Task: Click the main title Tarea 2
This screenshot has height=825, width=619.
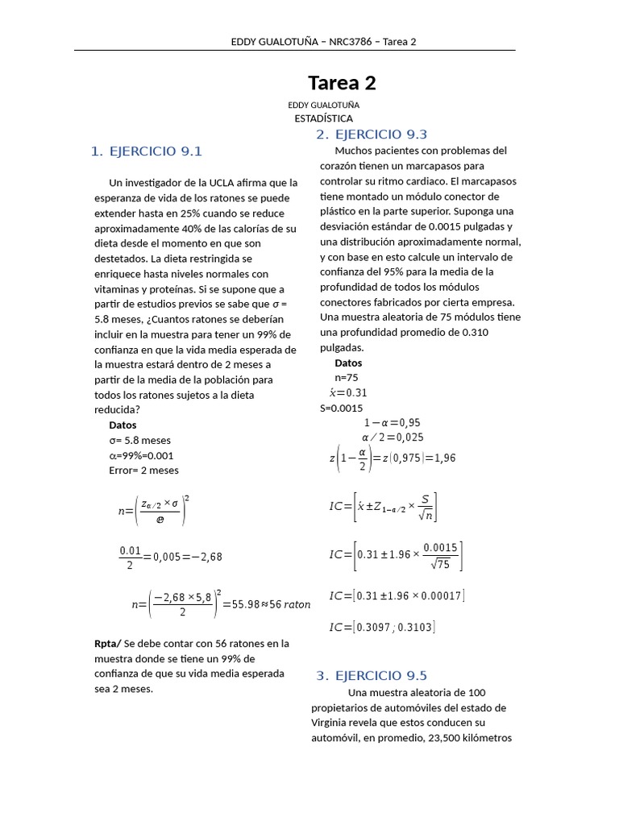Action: (342, 83)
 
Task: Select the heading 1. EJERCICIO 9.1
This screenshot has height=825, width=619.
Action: (146, 151)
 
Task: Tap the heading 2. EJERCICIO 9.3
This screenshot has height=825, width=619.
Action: (372, 134)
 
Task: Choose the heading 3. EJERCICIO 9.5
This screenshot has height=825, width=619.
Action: (372, 675)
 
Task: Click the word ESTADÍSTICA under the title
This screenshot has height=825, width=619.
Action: (323, 118)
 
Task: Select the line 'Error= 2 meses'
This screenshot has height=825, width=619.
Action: (143, 471)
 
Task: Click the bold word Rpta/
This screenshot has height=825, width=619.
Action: (108, 644)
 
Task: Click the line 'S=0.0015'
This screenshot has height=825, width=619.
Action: (343, 408)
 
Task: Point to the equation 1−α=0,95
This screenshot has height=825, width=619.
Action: (392, 422)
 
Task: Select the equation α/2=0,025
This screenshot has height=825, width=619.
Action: (393, 437)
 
